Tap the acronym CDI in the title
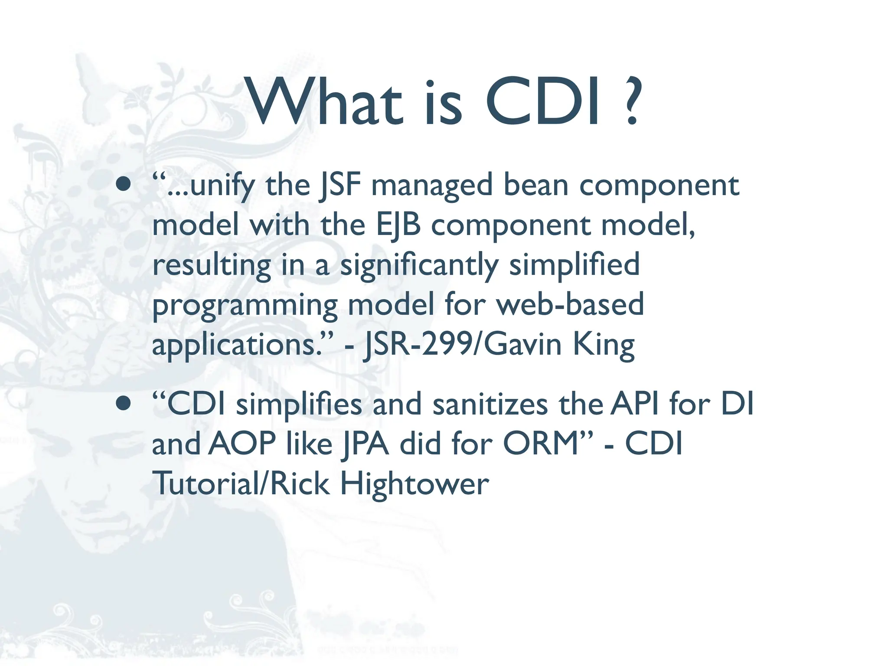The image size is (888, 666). [x=544, y=102]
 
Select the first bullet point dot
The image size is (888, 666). [x=124, y=184]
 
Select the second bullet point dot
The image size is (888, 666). [x=124, y=403]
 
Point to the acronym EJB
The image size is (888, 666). [x=398, y=225]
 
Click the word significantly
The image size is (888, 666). [x=419, y=265]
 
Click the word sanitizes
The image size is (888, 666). [x=490, y=404]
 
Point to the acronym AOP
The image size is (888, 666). [x=242, y=444]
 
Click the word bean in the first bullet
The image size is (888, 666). [x=535, y=185]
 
